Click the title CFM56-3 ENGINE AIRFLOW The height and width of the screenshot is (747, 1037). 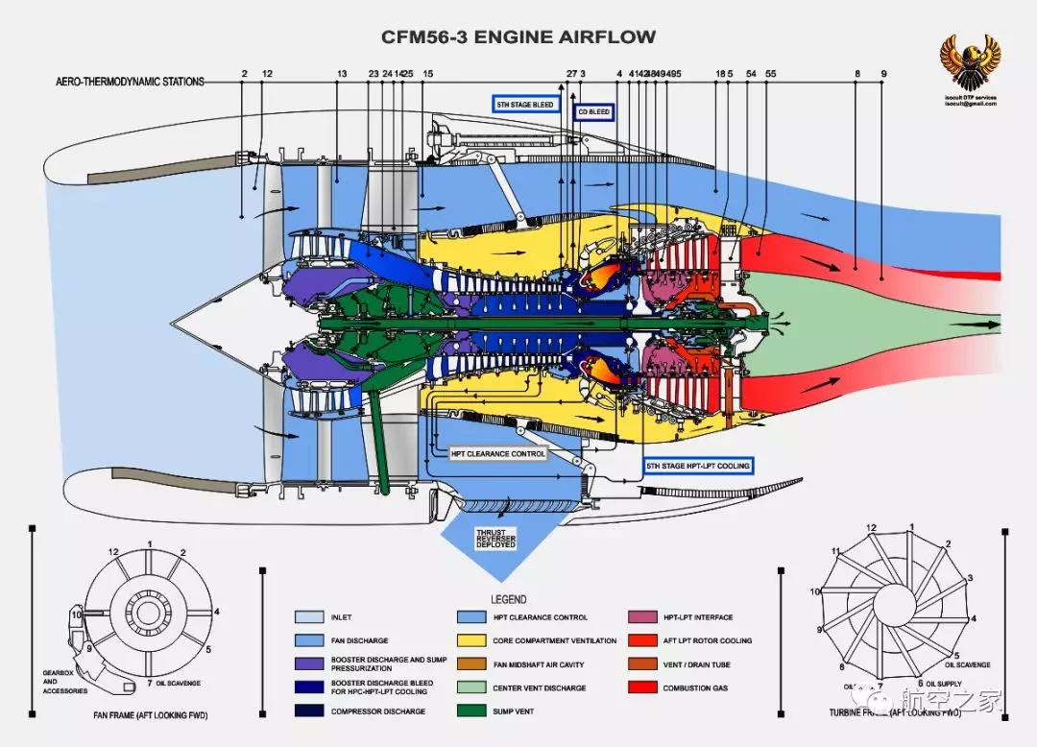[518, 37]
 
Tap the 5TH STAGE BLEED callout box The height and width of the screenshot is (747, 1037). [524, 104]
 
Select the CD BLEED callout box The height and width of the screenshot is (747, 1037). [593, 112]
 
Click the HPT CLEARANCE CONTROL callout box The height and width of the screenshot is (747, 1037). [498, 453]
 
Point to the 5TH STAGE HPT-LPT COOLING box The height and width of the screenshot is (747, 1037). [697, 466]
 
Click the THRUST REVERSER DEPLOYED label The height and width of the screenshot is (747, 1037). [495, 539]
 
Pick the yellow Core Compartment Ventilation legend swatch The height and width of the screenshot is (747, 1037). [470, 640]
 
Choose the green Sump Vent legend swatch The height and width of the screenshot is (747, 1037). [470, 711]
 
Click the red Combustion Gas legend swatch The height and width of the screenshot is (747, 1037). [642, 687]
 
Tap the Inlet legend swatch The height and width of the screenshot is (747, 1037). [308, 617]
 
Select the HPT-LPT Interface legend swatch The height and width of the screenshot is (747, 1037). [642, 617]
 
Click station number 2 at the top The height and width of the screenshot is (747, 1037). [244, 74]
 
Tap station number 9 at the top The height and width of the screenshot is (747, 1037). [883, 74]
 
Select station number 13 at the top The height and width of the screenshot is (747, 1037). [342, 74]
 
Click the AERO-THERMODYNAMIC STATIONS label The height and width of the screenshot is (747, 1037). [131, 83]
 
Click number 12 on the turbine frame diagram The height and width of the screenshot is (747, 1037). [871, 528]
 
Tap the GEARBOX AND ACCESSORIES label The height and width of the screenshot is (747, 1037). [64, 682]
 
